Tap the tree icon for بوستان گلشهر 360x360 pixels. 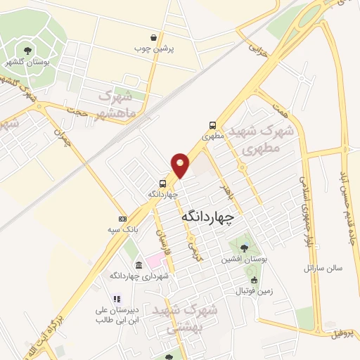pyautogui.click(x=27, y=50)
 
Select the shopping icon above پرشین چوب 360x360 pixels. pyautogui.click(x=154, y=37)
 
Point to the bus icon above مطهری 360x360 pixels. pyautogui.click(x=212, y=126)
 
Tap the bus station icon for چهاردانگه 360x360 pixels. pyautogui.click(x=163, y=183)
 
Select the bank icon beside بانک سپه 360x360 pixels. pyautogui.click(x=122, y=219)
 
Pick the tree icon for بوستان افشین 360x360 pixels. pyautogui.click(x=243, y=248)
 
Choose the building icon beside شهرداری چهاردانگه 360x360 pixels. pyautogui.click(x=139, y=265)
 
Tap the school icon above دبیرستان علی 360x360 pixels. pyautogui.click(x=117, y=298)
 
